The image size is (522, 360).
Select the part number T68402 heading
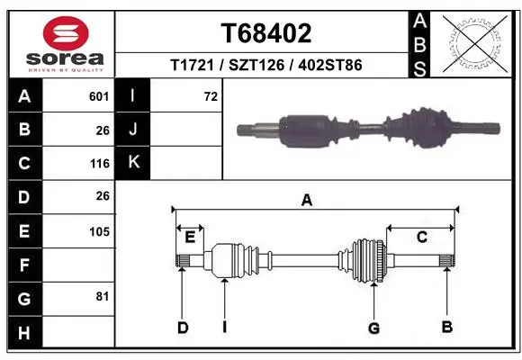pos(265,33)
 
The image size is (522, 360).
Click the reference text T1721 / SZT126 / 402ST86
pos(265,65)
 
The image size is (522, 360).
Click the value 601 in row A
pos(99,96)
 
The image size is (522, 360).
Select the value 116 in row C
pos(99,163)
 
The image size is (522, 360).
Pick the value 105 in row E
pos(99,231)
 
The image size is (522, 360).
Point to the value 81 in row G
pos(102,296)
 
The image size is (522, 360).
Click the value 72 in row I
pos(211,96)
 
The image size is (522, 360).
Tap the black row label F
pos(24,265)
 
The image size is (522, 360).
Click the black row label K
pos(133,163)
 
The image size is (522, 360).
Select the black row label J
pos(133,130)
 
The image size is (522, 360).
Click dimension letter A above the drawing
pos(307,201)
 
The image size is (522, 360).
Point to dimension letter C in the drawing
pos(420,238)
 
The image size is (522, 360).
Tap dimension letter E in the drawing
pos(190,238)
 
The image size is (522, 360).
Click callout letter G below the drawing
pos(373,328)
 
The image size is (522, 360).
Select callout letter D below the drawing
pos(182,328)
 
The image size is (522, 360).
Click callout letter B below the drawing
pos(446,327)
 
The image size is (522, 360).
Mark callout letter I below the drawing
pos(224,328)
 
